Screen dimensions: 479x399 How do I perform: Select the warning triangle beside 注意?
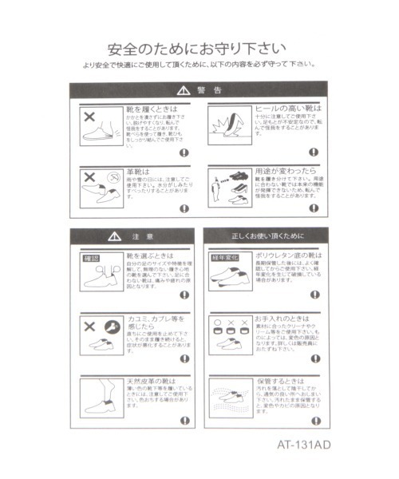115,237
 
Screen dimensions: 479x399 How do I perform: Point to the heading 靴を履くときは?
152,107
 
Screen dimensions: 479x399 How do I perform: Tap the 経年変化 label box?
225,258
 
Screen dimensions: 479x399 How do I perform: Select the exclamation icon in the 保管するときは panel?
317,421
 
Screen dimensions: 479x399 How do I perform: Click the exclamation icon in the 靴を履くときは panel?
184,152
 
